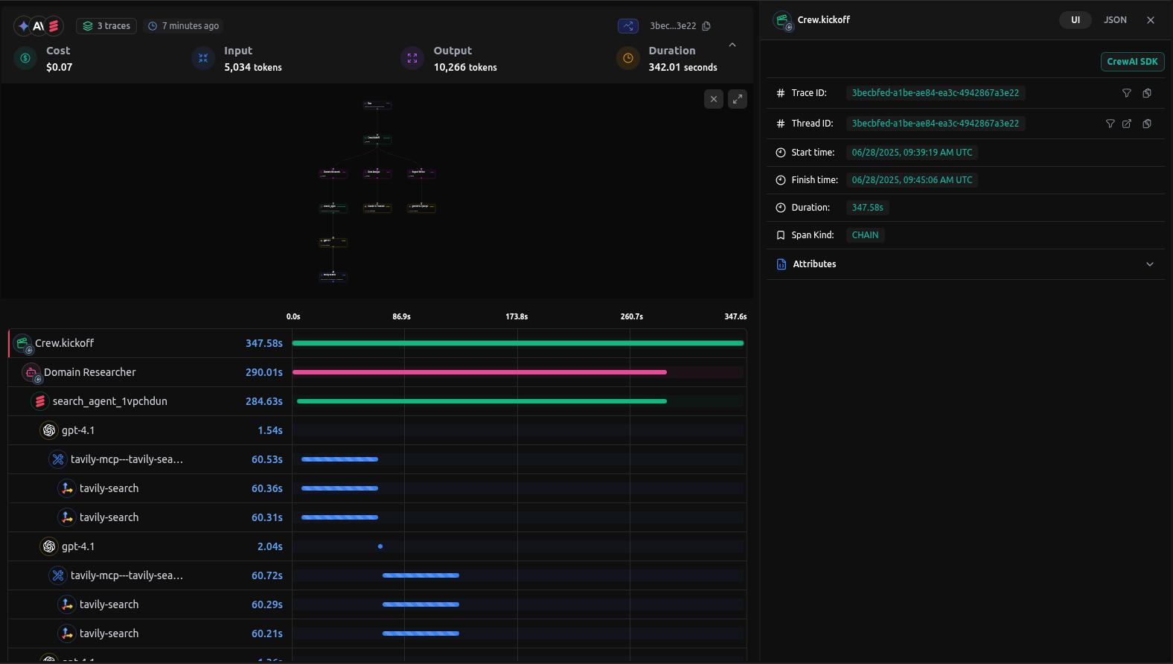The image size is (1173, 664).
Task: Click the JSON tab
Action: (x=1114, y=20)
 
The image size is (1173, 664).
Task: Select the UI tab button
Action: (x=1075, y=20)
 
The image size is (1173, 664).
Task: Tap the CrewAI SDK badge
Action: (x=1132, y=62)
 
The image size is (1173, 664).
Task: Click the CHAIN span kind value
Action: (x=865, y=235)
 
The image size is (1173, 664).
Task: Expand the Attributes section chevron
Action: (x=1149, y=264)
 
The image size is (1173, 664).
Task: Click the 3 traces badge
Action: (x=106, y=26)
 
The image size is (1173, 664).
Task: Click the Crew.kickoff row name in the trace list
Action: (x=64, y=343)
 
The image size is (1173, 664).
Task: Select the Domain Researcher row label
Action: (x=89, y=372)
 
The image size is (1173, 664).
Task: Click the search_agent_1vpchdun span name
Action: (x=109, y=401)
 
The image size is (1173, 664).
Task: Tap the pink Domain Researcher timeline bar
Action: (x=479, y=372)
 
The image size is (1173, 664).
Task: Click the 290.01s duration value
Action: (x=263, y=372)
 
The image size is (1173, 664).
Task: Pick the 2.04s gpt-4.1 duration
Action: (x=269, y=546)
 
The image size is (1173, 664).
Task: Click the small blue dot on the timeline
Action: (x=380, y=546)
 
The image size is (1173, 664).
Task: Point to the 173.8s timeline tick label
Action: (x=517, y=316)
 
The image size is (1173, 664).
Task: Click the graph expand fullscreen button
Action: (x=737, y=99)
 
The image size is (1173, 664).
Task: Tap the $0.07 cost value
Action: (x=60, y=67)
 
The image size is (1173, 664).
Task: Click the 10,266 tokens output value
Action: (x=465, y=67)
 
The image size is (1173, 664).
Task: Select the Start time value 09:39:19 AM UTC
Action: (x=912, y=153)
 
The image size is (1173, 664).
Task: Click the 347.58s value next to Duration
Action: (x=867, y=208)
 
